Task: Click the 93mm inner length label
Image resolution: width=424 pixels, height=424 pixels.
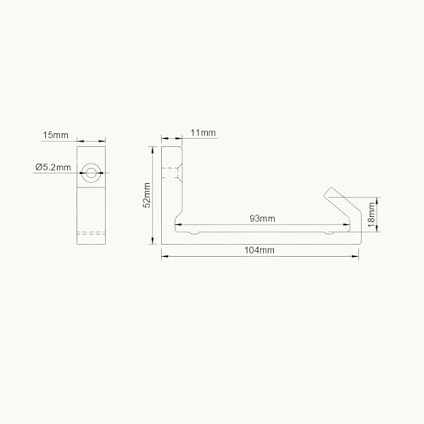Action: pos(261,218)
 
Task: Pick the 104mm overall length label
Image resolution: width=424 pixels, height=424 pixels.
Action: pos(261,250)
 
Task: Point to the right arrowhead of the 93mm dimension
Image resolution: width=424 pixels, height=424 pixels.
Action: pos(349,225)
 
